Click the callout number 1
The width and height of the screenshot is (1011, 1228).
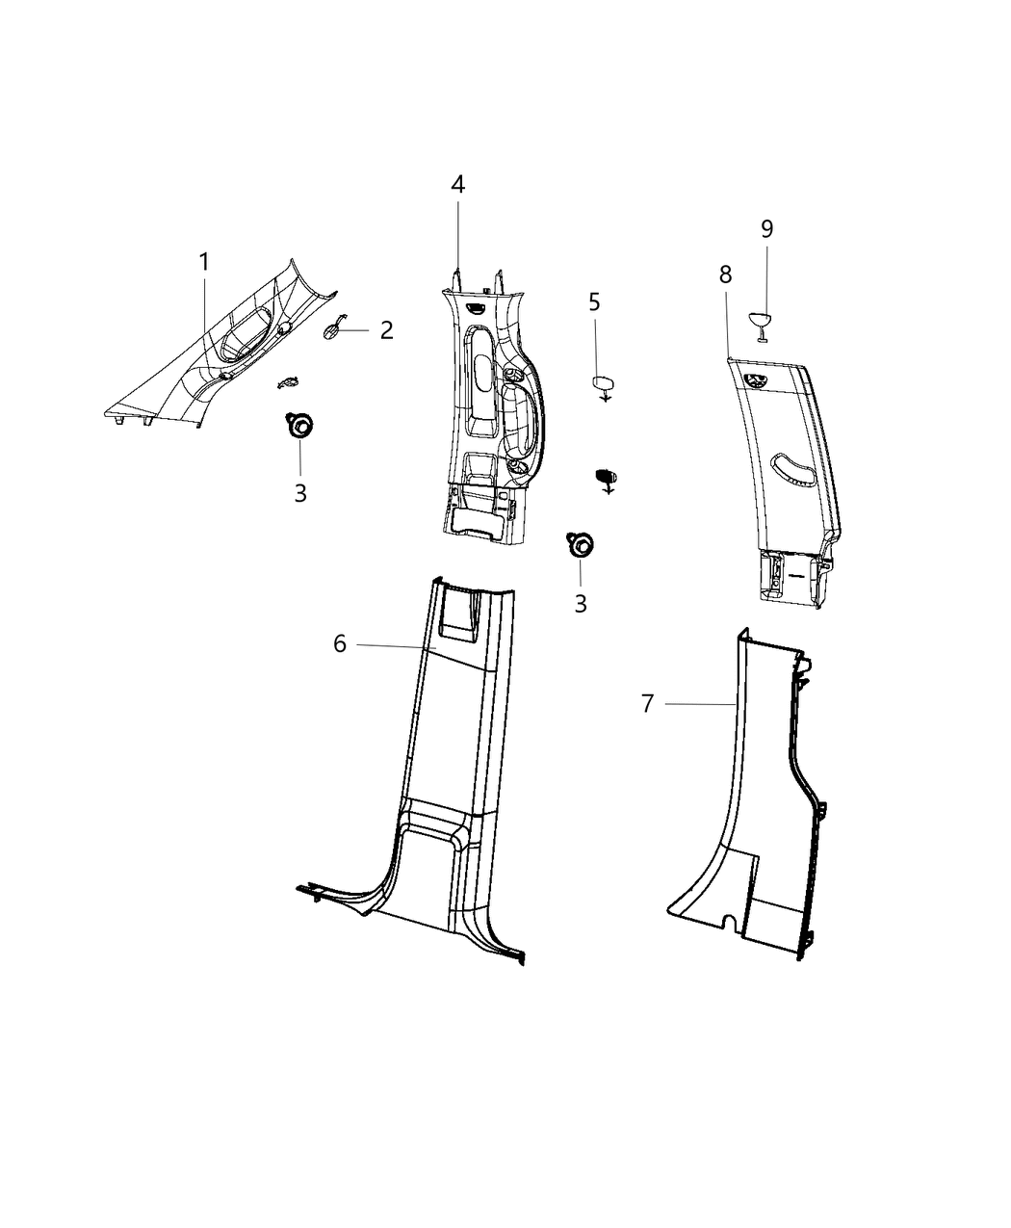point(204,261)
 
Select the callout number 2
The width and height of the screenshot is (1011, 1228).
point(386,330)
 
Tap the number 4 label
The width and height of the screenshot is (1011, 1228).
point(458,184)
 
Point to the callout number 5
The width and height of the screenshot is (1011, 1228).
point(594,301)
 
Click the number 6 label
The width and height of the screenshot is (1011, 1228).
point(340,643)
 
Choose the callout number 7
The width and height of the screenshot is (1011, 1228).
point(647,704)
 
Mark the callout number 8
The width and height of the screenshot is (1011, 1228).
point(725,274)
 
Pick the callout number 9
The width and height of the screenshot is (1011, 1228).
point(766,228)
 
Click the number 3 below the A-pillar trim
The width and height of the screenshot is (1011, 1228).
point(300,493)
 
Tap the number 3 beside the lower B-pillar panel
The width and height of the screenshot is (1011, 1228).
point(580,603)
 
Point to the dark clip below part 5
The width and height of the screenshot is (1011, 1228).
point(607,475)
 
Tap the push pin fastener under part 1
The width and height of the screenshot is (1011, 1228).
point(299,424)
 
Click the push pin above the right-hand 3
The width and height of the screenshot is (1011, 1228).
point(580,543)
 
